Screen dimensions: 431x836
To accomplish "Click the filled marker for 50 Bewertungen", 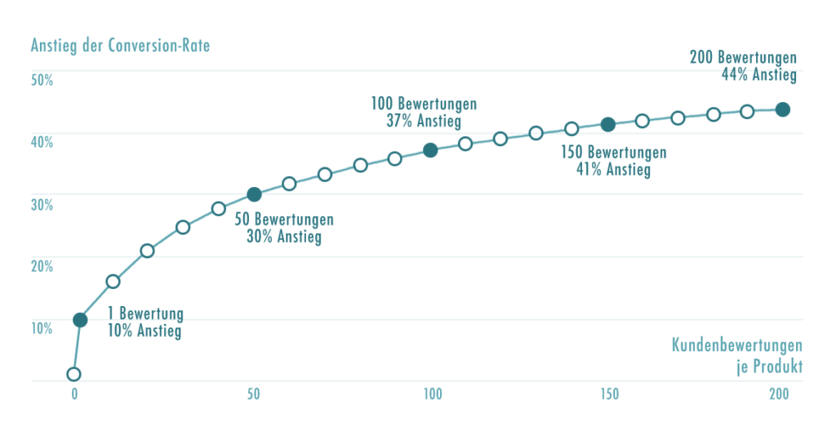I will (254, 194).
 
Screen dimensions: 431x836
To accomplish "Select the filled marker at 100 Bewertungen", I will (431, 149).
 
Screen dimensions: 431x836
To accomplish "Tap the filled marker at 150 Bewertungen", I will (607, 124).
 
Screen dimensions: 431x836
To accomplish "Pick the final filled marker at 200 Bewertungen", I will (782, 109).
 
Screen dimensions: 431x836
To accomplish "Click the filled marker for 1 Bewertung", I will (80, 320).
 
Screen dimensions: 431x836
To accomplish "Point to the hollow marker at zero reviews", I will (74, 374).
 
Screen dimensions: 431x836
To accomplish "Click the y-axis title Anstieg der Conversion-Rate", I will (120, 45).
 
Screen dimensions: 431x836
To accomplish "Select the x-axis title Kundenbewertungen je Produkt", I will (737, 356).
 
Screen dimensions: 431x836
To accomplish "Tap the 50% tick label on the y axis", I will (42, 80).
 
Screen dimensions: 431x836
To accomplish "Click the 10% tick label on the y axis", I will (42, 328).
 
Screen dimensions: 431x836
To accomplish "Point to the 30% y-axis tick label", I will (42, 204).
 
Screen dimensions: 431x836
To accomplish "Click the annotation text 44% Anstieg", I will (758, 74).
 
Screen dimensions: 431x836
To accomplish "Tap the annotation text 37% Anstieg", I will (424, 122).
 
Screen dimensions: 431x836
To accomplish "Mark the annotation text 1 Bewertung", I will (145, 314).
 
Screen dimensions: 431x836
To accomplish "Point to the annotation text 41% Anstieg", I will (613, 170).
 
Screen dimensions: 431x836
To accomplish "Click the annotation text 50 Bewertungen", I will (284, 220).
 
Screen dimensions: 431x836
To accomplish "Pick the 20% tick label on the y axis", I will (42, 266).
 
